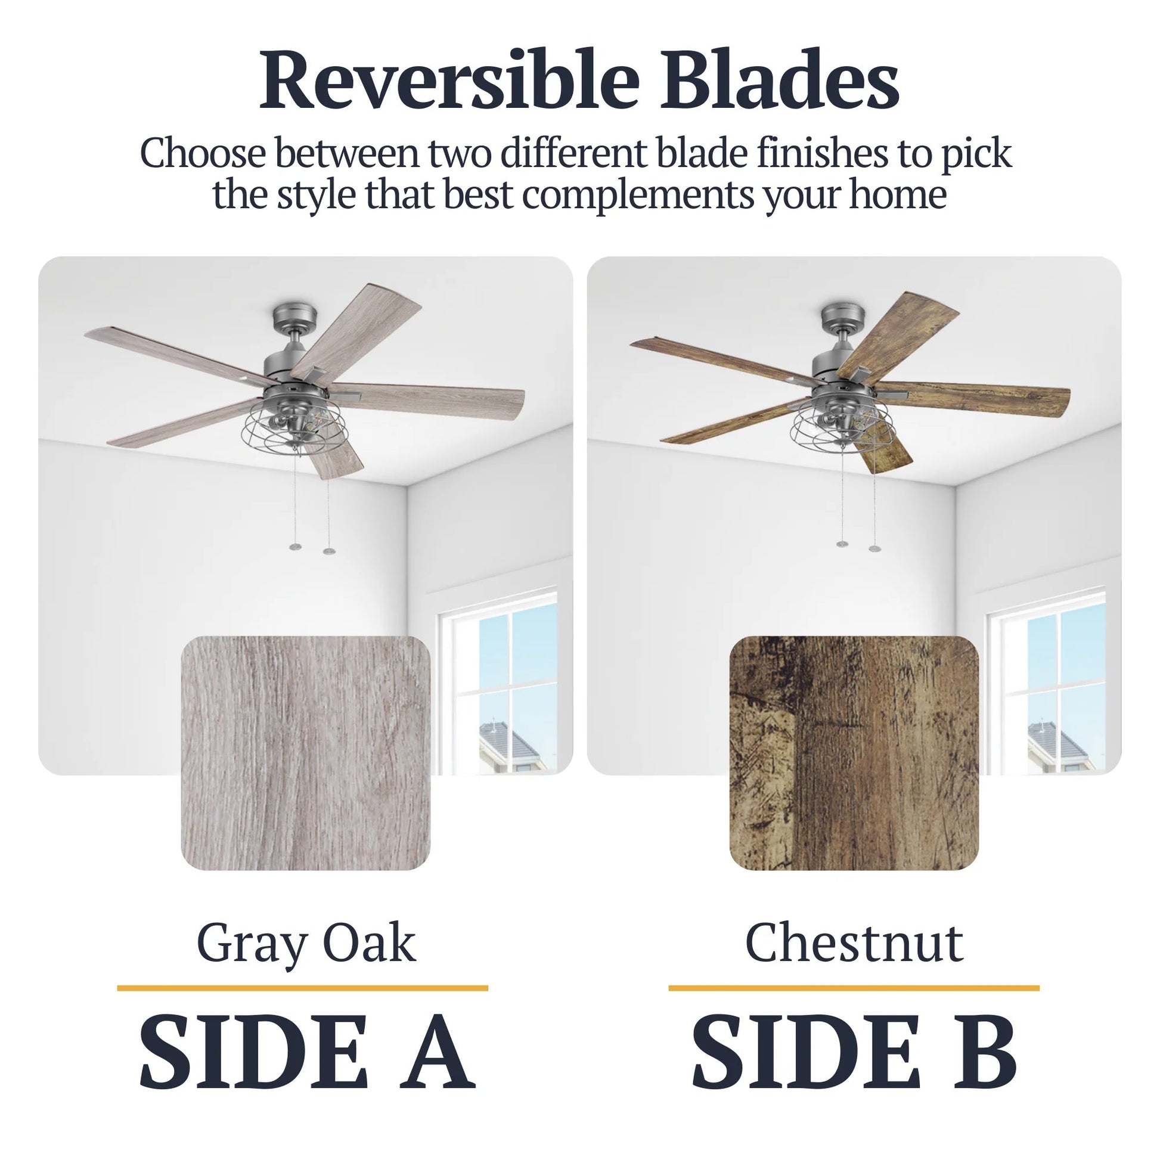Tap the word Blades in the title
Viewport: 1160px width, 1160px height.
[780, 82]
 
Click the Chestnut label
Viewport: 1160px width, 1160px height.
[854, 942]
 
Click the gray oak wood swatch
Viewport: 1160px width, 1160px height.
[306, 753]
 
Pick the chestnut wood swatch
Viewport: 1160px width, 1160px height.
[854, 753]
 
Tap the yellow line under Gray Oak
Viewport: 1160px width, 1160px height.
[302, 988]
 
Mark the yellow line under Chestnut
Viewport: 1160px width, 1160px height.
[854, 988]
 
